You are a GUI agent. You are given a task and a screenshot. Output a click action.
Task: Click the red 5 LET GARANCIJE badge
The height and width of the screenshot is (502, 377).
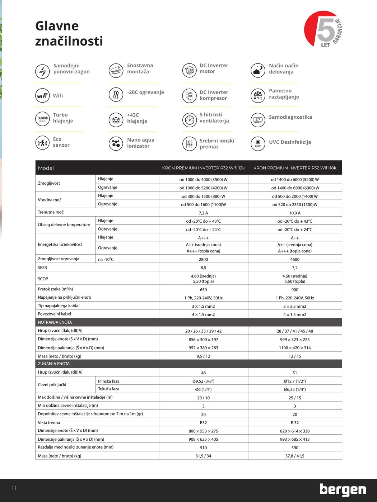point(322,29)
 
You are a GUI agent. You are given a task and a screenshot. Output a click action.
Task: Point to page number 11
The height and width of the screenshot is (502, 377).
point(14,488)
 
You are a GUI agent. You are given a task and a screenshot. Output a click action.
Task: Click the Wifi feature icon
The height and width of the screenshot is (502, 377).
point(42,95)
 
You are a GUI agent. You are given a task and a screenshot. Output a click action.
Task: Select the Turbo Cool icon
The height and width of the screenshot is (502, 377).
point(42,119)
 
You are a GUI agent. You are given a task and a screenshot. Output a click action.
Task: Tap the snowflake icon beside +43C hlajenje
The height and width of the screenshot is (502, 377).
point(116,120)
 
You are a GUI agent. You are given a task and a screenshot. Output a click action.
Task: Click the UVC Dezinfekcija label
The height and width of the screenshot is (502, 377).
point(290,142)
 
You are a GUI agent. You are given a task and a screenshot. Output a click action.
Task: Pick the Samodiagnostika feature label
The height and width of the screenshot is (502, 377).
point(290,117)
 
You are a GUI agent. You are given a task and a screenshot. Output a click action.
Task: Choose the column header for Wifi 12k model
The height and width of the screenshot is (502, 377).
point(203,168)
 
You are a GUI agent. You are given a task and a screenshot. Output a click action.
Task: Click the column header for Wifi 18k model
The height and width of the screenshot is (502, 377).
point(295,168)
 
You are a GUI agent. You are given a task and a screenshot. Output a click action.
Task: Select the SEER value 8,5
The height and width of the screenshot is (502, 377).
point(203,268)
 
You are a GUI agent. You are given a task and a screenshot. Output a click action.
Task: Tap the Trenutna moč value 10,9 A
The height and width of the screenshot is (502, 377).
point(295,213)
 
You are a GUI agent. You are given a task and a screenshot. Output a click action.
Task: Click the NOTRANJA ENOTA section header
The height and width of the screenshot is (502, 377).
point(55,322)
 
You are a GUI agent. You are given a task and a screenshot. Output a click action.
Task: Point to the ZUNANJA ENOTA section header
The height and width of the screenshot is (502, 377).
point(54,364)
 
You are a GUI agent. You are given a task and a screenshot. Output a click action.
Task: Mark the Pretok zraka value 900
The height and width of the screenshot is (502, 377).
point(295,290)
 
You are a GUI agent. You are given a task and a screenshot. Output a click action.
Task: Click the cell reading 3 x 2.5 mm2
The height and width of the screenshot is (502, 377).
point(295,307)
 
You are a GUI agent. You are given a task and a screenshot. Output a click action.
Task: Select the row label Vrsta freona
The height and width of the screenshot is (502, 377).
point(49,423)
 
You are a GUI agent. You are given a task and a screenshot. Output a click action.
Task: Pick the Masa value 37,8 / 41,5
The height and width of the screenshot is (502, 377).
point(295,456)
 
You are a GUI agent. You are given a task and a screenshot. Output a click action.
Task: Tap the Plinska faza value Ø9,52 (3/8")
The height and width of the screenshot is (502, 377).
point(203,381)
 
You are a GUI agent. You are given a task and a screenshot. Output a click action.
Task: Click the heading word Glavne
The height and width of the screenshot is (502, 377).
point(57,26)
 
